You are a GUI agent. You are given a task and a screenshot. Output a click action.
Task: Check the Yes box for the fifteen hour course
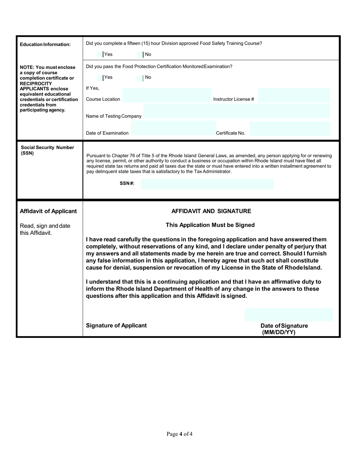[100, 55]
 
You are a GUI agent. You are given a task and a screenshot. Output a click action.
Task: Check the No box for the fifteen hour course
[140, 55]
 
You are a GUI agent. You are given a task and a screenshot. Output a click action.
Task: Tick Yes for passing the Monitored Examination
[100, 78]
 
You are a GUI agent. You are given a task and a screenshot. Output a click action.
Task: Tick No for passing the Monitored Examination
[140, 78]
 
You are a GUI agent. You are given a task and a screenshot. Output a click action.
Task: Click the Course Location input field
[167, 95]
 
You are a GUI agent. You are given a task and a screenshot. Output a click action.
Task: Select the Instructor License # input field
[294, 95]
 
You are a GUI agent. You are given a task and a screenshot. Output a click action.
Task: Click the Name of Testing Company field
[237, 112]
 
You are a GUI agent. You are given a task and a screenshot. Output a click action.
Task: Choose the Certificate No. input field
[290, 129]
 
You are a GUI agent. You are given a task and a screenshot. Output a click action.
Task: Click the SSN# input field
[207, 185]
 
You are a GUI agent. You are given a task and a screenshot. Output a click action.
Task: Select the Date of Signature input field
[289, 315]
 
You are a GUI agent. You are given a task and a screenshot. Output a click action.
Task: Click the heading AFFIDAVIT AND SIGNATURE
[211, 211]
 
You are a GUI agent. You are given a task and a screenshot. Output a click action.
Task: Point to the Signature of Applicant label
[116, 325]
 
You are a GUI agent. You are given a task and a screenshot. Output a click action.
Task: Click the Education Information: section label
[45, 45]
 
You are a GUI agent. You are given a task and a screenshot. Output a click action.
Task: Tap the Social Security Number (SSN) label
[47, 150]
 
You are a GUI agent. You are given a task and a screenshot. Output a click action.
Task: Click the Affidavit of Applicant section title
[48, 211]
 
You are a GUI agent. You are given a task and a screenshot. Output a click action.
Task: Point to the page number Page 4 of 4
[180, 434]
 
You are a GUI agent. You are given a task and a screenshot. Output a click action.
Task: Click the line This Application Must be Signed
[210, 225]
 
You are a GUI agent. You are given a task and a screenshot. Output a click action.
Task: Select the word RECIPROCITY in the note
[36, 83]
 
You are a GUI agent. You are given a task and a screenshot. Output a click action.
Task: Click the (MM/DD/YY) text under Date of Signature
[279, 333]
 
